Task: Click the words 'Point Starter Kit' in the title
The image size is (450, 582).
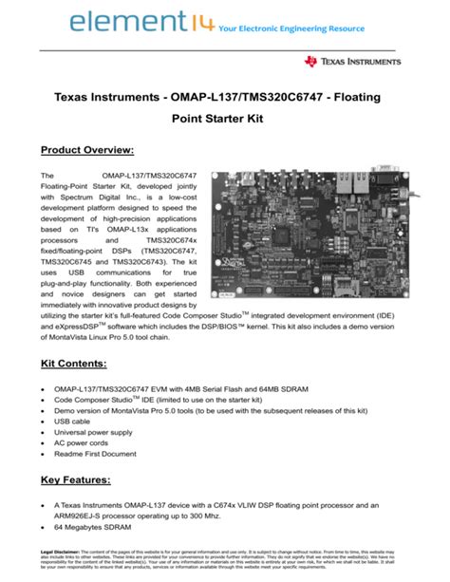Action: tap(225, 120)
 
